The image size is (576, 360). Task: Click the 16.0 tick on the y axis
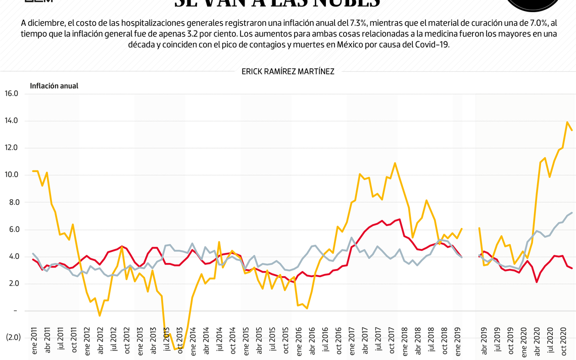tap(11, 94)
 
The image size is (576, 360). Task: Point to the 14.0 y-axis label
tap(11, 121)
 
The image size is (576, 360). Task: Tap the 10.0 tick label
tap(11, 175)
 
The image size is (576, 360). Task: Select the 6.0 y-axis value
tap(12, 230)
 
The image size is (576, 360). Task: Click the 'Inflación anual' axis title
tap(54, 86)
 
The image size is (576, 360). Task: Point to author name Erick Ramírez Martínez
tap(287, 72)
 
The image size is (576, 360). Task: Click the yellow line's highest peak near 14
tap(567, 122)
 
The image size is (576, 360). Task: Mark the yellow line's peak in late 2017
tap(395, 163)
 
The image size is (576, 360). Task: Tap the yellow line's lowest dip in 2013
tap(175, 349)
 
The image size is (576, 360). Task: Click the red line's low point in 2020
tap(536, 282)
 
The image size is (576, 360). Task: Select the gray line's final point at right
tap(572, 213)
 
